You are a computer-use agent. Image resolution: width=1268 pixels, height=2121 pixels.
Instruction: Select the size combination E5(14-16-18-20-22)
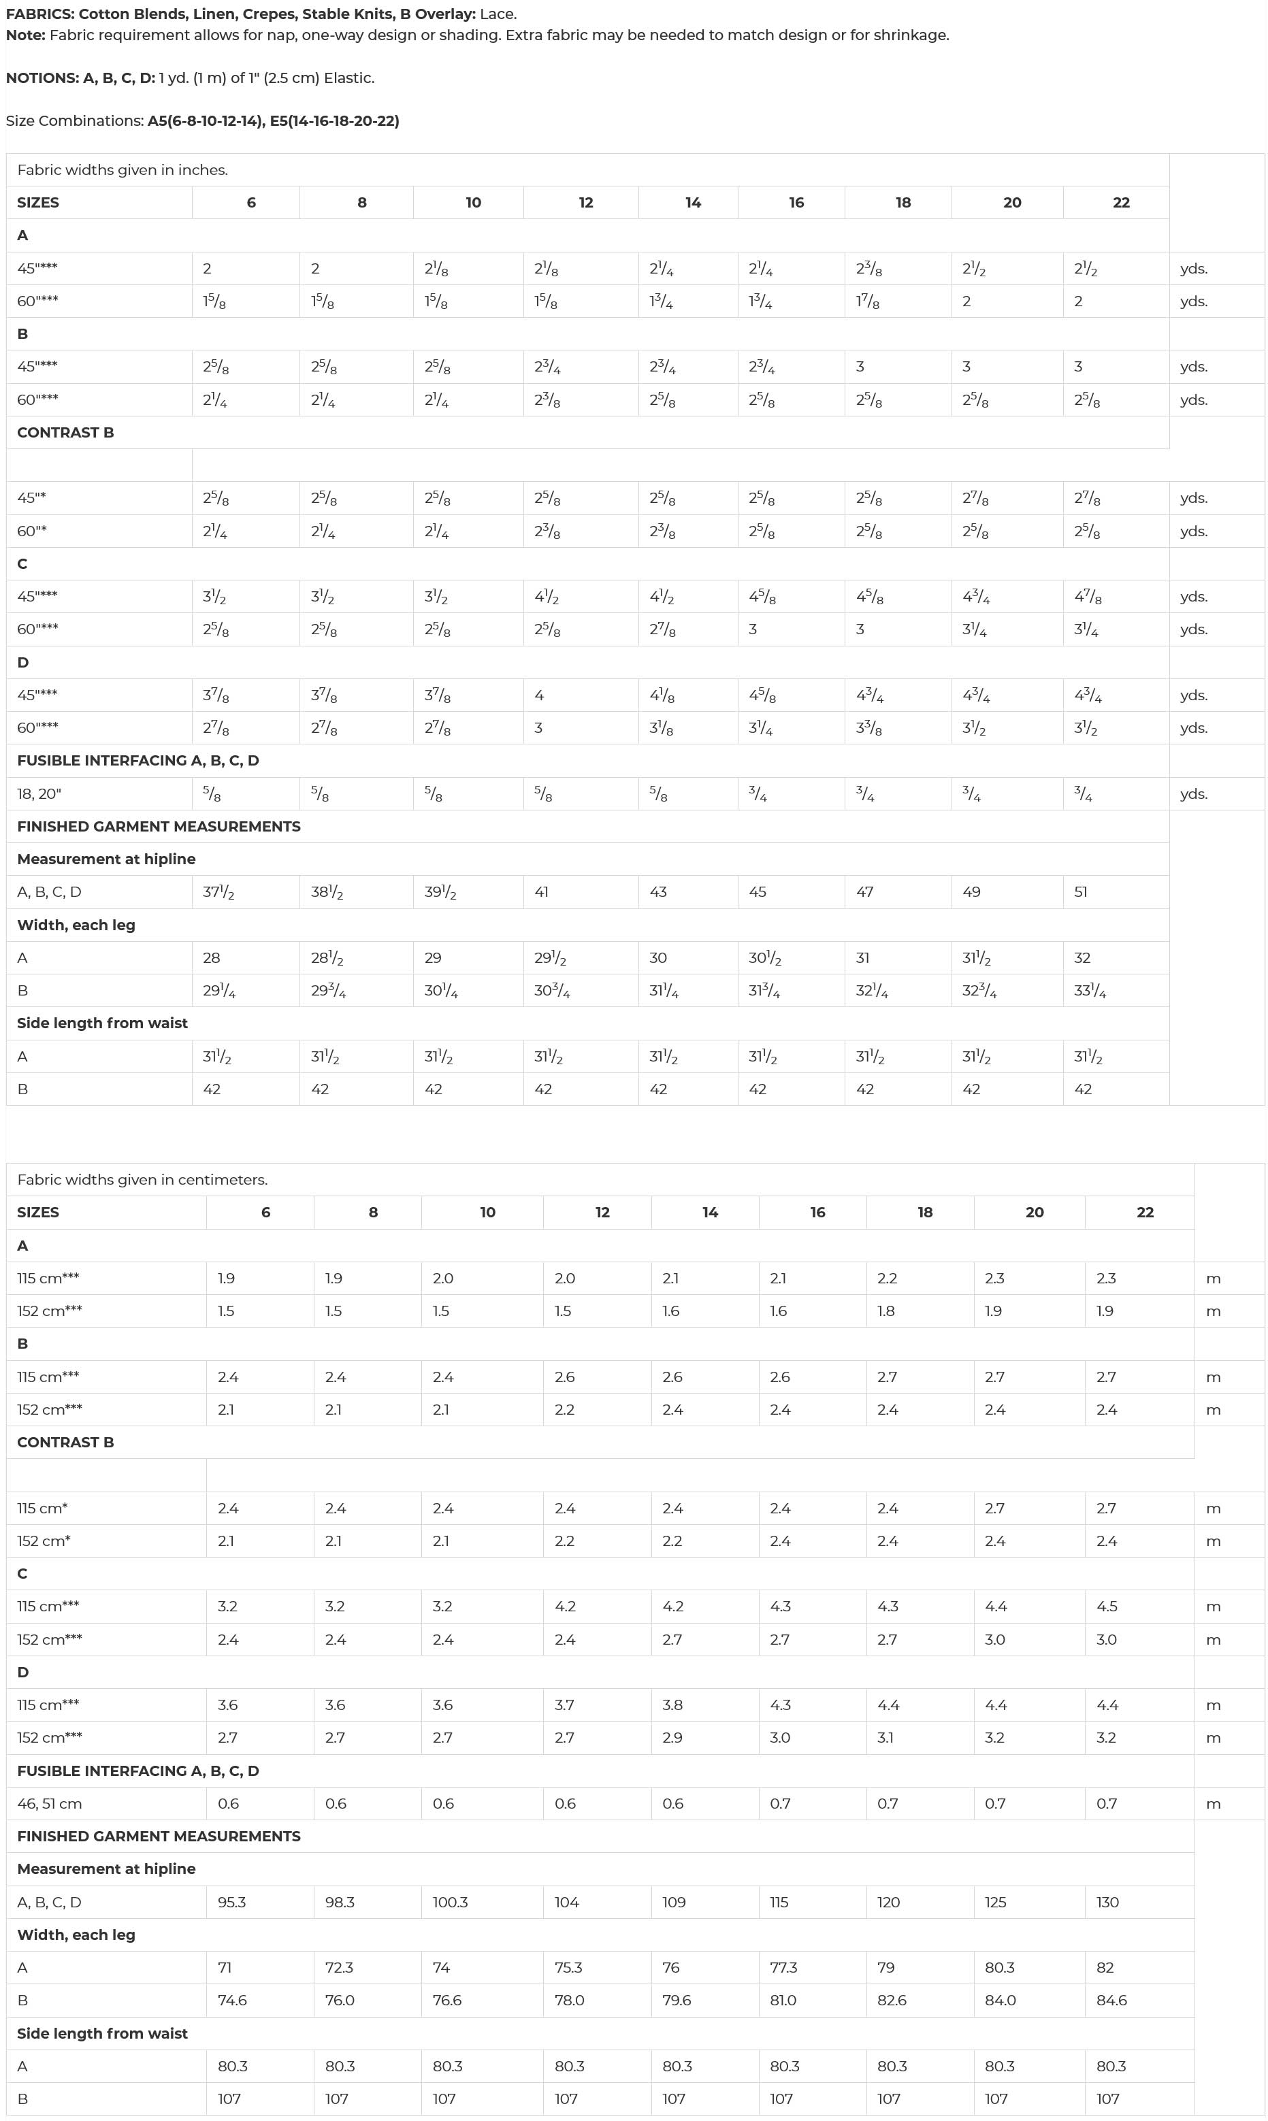coord(334,120)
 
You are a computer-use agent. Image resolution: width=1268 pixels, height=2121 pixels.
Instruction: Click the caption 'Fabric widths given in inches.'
coord(123,170)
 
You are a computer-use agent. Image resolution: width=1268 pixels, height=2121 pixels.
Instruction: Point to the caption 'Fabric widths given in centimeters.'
coord(142,1180)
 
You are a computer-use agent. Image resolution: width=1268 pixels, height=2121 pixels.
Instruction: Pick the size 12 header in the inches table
coord(585,203)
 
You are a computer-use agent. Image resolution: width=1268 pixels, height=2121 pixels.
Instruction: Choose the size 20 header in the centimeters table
coord(1034,1212)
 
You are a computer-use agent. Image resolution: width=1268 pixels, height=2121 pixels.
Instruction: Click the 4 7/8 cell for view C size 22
coord(1087,597)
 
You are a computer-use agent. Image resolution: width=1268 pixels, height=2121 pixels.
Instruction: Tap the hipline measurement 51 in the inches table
coord(1081,892)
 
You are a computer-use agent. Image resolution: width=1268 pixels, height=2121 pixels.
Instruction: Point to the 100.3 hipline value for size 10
coord(451,1903)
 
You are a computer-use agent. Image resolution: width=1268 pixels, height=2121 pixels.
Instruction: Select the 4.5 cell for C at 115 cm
coord(1107,1607)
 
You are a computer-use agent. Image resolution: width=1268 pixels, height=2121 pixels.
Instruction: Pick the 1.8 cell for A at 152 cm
coord(886,1311)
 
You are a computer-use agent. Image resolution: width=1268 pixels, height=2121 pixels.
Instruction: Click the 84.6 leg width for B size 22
coord(1111,2001)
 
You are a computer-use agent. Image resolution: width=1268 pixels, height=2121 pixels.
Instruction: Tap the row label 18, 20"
coord(39,793)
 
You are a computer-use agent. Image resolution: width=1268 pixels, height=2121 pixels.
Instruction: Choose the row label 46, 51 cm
coord(50,1804)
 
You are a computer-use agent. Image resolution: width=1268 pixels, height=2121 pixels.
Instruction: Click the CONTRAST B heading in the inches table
coord(65,432)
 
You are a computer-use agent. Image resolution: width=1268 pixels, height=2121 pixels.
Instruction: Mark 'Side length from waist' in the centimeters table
coord(103,2034)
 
